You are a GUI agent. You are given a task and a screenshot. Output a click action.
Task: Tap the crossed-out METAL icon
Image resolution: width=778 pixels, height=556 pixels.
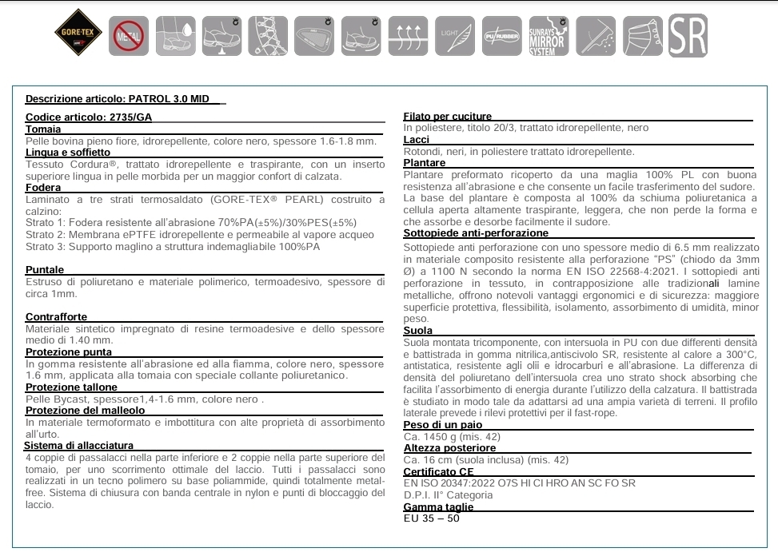pos(128,35)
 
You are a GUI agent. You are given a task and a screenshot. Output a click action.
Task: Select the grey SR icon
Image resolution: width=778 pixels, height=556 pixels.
pos(688,35)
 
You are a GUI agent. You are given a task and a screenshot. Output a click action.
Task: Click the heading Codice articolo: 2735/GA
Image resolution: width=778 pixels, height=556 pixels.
pos(89,117)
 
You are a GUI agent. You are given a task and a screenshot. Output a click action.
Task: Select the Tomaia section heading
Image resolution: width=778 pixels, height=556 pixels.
pos(43,129)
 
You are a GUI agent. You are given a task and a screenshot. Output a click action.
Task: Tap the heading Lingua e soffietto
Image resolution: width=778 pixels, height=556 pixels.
pos(68,152)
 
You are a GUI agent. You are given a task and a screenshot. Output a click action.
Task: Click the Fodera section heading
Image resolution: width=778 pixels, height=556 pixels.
pos(43,188)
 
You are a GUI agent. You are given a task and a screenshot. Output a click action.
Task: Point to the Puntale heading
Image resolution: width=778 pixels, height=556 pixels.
pos(45,270)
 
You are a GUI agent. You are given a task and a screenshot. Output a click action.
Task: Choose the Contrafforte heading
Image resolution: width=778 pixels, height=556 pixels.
pos(56,317)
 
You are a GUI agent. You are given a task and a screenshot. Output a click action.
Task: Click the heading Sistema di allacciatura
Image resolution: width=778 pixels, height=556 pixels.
pos(78,445)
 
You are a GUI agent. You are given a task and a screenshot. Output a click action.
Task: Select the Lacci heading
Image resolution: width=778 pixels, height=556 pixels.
pos(417,140)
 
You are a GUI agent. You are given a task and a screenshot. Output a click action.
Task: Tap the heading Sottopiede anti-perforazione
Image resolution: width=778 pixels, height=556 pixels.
pos(476,233)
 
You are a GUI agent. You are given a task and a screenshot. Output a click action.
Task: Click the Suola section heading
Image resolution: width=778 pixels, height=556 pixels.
pos(418,330)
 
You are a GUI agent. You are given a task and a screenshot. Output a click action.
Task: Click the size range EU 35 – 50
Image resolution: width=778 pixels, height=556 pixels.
pos(432,518)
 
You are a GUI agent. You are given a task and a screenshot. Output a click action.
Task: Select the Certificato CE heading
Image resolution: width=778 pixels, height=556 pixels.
pos(439,471)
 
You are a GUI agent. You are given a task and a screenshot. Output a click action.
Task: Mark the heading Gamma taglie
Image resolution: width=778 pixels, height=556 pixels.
pos(438,506)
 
